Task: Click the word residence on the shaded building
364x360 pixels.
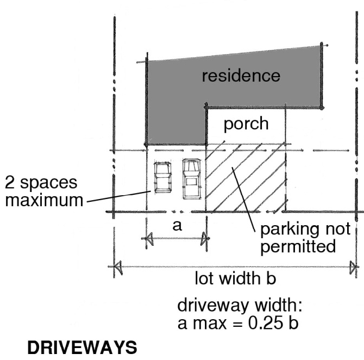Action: (x=241, y=76)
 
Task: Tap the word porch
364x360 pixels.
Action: (x=246, y=123)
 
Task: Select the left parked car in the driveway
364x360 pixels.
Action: (x=161, y=177)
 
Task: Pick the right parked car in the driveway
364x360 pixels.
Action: (x=191, y=178)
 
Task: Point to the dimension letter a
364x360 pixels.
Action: (x=177, y=225)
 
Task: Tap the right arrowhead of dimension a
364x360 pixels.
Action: (x=205, y=238)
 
